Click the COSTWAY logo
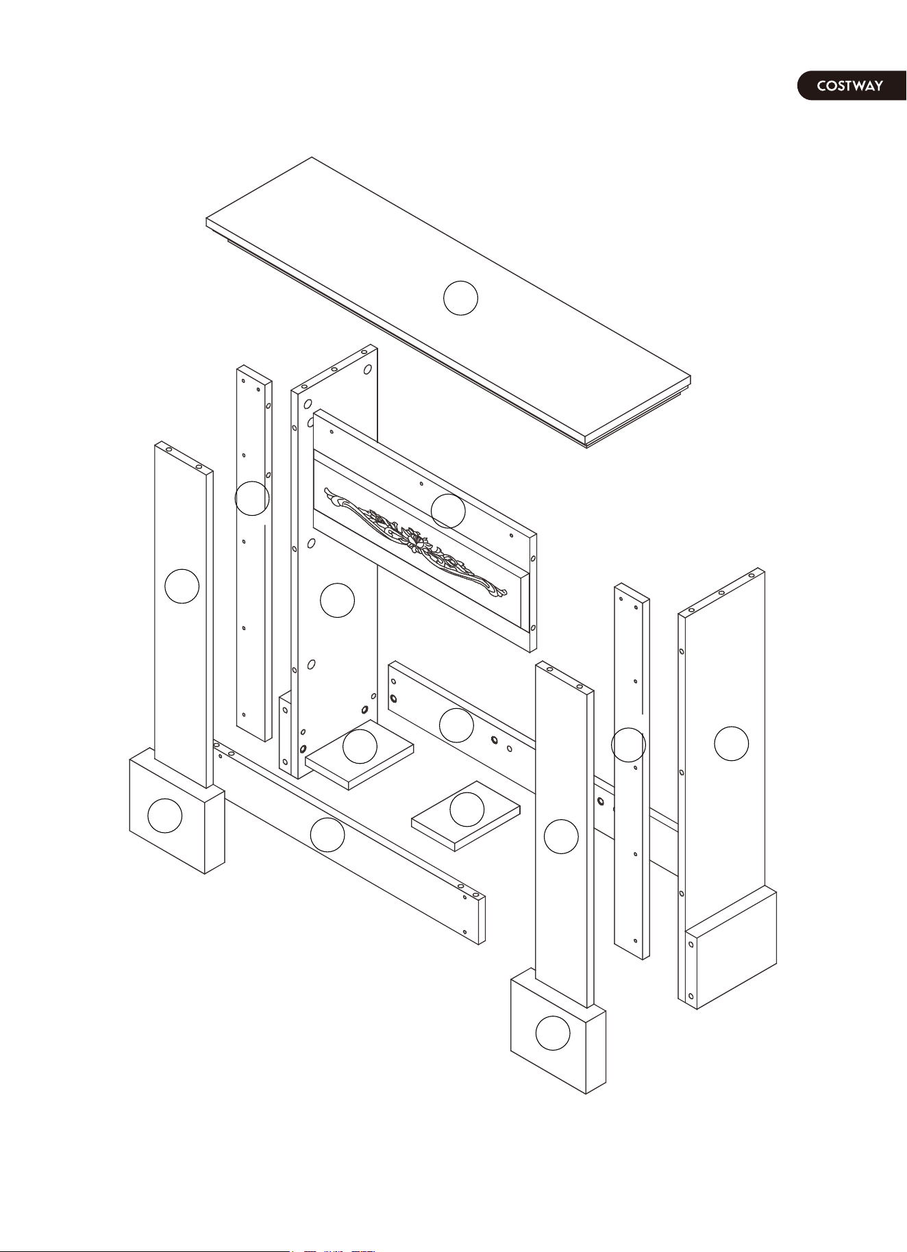tap(851, 86)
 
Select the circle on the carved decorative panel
tap(448, 511)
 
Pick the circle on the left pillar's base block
tap(164, 816)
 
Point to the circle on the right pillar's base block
tap(553, 1034)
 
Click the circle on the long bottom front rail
tap(327, 834)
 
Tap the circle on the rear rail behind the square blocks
tap(456, 725)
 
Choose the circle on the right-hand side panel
tap(732, 743)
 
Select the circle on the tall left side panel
tap(337, 600)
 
